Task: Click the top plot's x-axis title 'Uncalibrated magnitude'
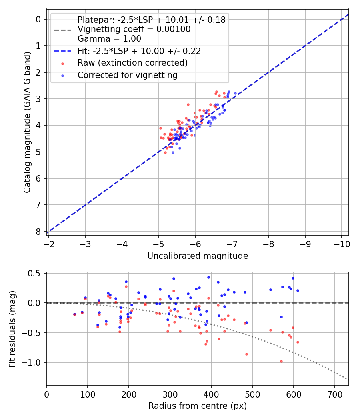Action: (x=198, y=256)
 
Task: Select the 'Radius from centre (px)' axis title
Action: (x=198, y=406)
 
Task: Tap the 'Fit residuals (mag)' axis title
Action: (x=12, y=328)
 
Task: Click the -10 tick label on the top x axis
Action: (x=341, y=244)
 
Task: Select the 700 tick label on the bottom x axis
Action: (x=334, y=394)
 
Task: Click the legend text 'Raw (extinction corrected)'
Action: (x=133, y=63)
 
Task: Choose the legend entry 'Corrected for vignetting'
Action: (x=128, y=75)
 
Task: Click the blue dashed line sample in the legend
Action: (x=63, y=51)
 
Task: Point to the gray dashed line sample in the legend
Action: (x=63, y=30)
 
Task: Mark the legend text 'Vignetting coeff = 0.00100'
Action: (x=134, y=29)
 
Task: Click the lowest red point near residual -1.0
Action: (x=281, y=361)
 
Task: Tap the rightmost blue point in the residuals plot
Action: (x=298, y=290)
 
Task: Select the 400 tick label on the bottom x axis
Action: (x=211, y=394)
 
